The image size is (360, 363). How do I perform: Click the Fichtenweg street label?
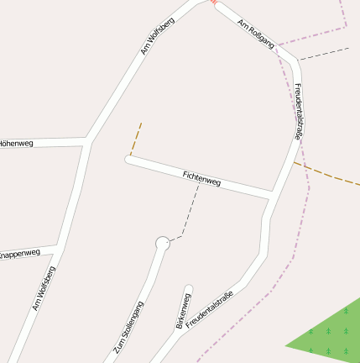point(201,177)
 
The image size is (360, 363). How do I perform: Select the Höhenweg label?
point(17,144)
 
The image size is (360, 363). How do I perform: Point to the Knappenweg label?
point(19,253)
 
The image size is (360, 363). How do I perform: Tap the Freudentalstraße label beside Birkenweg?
point(209,309)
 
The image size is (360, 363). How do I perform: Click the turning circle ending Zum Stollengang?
point(162,244)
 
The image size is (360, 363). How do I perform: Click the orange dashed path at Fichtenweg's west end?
point(136,139)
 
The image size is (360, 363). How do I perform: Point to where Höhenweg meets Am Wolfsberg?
point(88,139)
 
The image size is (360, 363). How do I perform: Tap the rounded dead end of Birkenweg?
point(188,290)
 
